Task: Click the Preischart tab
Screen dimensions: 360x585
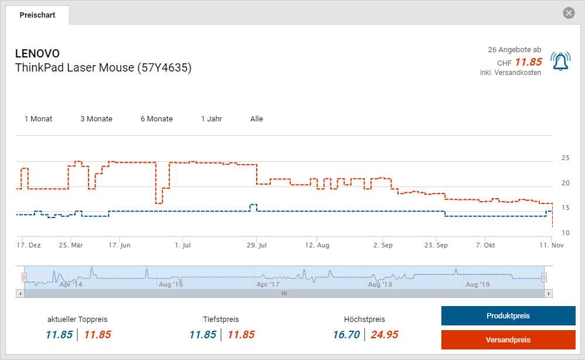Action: coord(38,15)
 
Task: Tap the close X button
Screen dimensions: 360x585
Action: coord(569,13)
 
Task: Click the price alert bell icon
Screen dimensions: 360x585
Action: coord(560,62)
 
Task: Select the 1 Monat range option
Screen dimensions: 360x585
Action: coord(38,118)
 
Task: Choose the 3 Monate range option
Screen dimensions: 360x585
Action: coord(96,118)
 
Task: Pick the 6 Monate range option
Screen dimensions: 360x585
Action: coord(157,118)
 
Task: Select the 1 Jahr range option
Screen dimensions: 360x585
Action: coord(211,118)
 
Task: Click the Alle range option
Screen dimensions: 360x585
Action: coord(257,118)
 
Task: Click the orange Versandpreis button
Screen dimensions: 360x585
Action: coord(508,339)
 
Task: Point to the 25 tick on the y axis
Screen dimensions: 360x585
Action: coord(566,158)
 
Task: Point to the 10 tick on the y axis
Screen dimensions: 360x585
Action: coord(566,233)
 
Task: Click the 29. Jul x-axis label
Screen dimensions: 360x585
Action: coord(257,245)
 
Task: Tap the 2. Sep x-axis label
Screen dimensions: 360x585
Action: coord(383,245)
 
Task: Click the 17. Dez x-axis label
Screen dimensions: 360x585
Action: coord(29,245)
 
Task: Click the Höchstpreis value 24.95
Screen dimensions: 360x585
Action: coord(384,335)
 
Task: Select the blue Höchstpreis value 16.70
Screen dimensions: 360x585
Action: coord(346,335)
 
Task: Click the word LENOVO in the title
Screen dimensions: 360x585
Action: coord(37,54)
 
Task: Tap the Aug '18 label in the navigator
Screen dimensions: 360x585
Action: coord(380,284)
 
